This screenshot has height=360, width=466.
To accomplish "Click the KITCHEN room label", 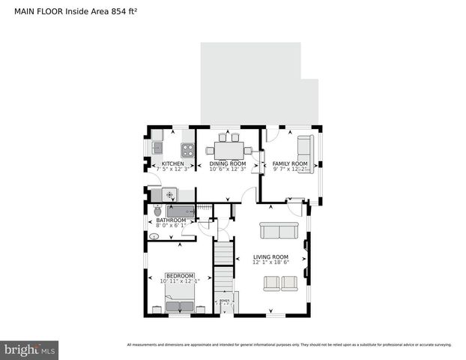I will pos(173,163).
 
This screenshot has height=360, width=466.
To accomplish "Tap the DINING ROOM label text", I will pos(227,163).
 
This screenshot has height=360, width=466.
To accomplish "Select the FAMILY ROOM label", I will pos(290,163).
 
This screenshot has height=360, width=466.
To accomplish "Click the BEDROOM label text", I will pos(180,275).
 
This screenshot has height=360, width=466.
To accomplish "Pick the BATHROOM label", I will pos(171,220).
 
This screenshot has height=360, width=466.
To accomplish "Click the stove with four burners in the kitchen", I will pos(187,149).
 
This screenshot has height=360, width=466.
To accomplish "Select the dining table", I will pos(229,148).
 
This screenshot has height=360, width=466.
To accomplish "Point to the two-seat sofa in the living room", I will pos(273,231).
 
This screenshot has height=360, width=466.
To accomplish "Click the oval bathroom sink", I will pos(154,236).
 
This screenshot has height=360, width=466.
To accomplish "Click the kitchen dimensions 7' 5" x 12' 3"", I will pos(173,169).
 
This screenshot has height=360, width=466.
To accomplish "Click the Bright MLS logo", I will pos(29,349).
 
